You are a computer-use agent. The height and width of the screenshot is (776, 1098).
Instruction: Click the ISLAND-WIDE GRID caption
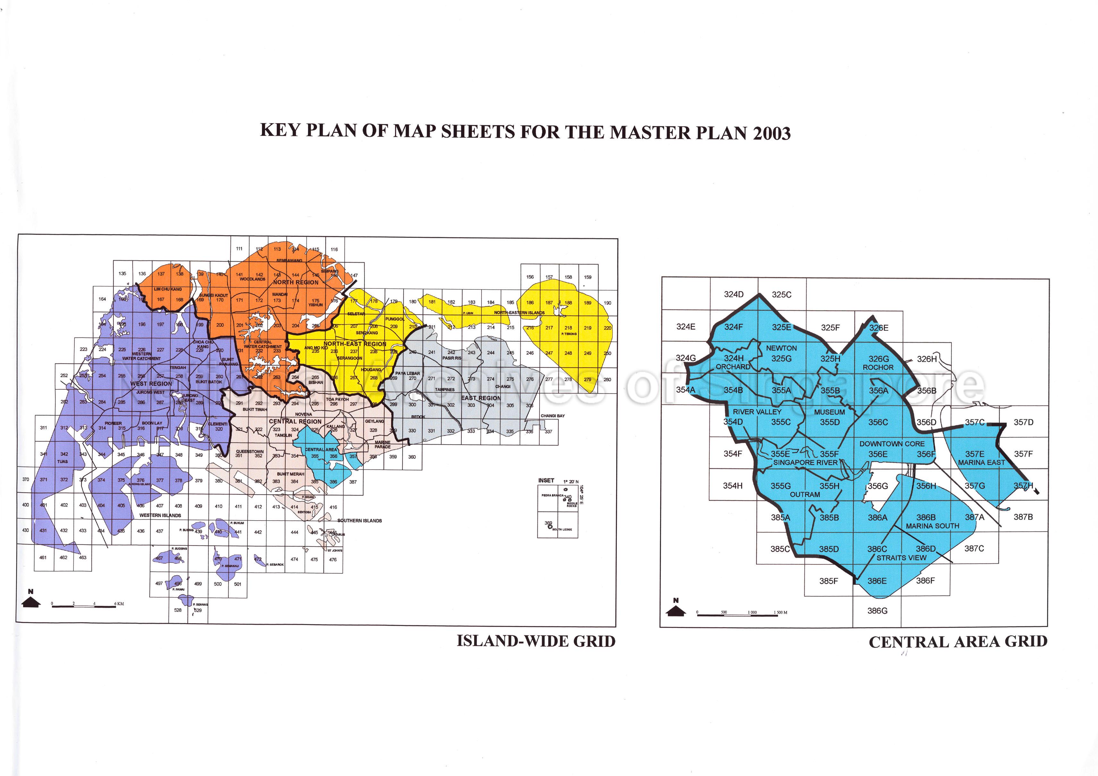point(536,641)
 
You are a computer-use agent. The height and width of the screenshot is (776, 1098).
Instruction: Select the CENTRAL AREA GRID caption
point(958,642)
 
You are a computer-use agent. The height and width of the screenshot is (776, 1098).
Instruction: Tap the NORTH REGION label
point(296,283)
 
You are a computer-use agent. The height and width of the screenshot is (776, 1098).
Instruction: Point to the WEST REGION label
point(151,383)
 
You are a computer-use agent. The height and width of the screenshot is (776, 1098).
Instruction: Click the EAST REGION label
point(481,398)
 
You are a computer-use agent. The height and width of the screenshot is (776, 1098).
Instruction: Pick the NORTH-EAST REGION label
point(355,344)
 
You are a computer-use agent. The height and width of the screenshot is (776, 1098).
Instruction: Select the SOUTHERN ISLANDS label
point(360,521)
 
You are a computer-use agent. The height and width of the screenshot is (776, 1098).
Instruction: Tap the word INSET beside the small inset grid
point(546,480)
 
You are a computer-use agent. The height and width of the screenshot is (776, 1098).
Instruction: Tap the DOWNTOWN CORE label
point(892,444)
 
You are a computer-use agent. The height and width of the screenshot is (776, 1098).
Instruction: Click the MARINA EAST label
point(981,462)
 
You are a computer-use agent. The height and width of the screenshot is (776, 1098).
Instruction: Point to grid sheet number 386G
point(877,611)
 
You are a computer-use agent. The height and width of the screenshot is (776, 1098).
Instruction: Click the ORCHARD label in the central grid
point(733,367)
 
